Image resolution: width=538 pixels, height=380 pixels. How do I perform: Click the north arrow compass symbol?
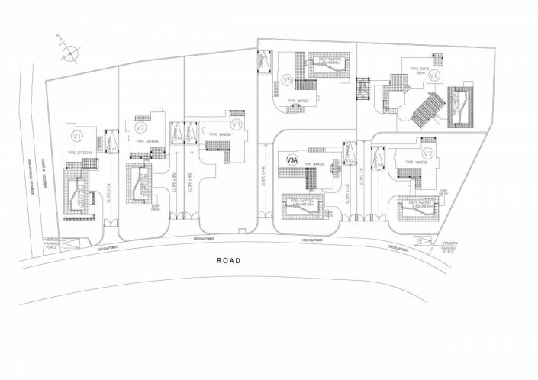(x=69, y=53)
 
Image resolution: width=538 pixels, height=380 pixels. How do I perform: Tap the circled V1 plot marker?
(x=76, y=136)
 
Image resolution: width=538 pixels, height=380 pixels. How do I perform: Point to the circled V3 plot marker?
(x=237, y=124)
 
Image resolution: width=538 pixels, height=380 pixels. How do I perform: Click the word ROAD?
(x=228, y=261)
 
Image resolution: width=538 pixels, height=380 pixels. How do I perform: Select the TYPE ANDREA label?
(x=148, y=142)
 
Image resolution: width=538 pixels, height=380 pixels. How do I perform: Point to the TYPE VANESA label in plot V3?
(x=217, y=135)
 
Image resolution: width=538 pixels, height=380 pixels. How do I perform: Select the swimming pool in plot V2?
(x=142, y=185)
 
